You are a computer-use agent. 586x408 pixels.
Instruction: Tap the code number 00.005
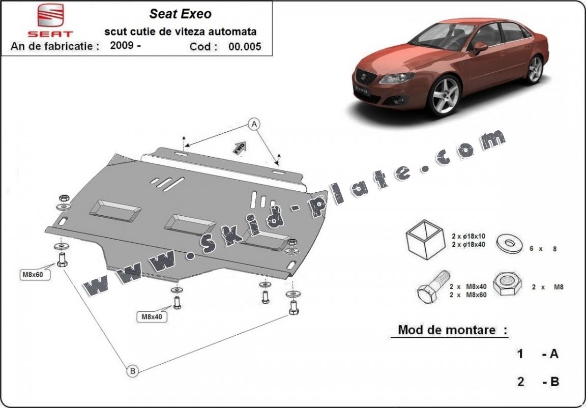[245, 47]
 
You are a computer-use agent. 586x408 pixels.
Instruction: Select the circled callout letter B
[132, 371]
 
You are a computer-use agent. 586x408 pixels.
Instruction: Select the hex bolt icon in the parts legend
[432, 288]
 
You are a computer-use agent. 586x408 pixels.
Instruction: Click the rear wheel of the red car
[535, 69]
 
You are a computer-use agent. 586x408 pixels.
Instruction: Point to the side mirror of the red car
[480, 47]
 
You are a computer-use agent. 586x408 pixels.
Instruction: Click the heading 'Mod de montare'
[446, 330]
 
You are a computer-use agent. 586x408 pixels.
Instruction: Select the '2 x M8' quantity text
[547, 287]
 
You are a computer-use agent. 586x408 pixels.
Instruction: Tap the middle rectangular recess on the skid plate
[190, 224]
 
